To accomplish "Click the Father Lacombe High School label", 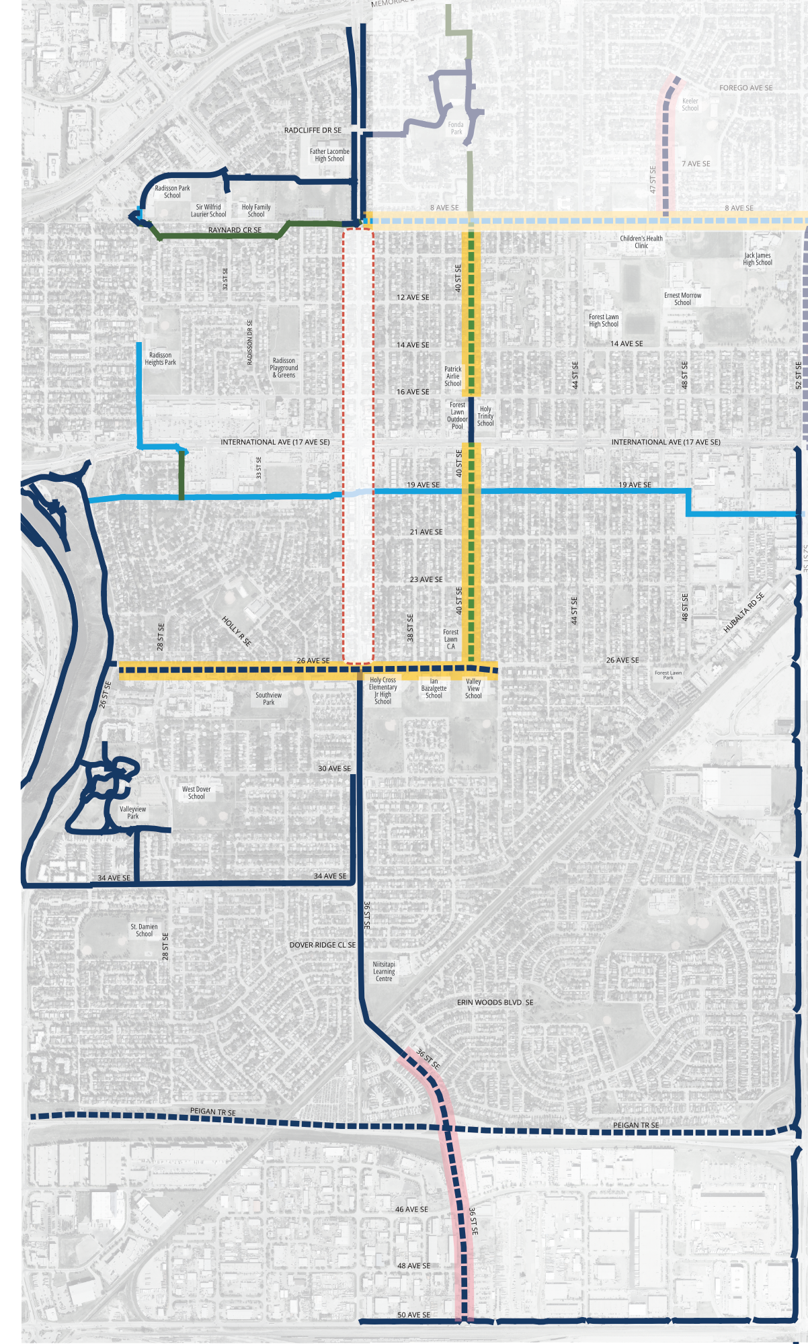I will [329, 155].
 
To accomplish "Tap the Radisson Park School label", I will [172, 192].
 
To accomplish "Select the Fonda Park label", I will [456, 128].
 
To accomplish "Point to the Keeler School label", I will [690, 104].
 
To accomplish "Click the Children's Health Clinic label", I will [641, 242].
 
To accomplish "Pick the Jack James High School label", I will [757, 259].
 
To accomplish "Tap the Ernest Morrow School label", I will [682, 299].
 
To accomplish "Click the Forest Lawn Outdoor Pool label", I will [457, 415].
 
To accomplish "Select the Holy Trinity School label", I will [485, 416].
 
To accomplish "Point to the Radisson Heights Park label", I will [160, 359].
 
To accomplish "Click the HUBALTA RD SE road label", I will [743, 613].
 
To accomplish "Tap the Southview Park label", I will [268, 699].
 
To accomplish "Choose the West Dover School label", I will [196, 793].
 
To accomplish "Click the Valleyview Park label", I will [132, 812].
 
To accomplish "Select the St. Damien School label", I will [144, 930].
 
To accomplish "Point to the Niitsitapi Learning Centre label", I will [384, 971].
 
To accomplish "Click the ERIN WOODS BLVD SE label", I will [495, 1002].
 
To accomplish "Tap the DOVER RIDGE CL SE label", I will [323, 945].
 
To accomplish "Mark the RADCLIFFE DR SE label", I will [313, 130].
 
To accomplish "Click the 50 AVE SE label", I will [413, 1315].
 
